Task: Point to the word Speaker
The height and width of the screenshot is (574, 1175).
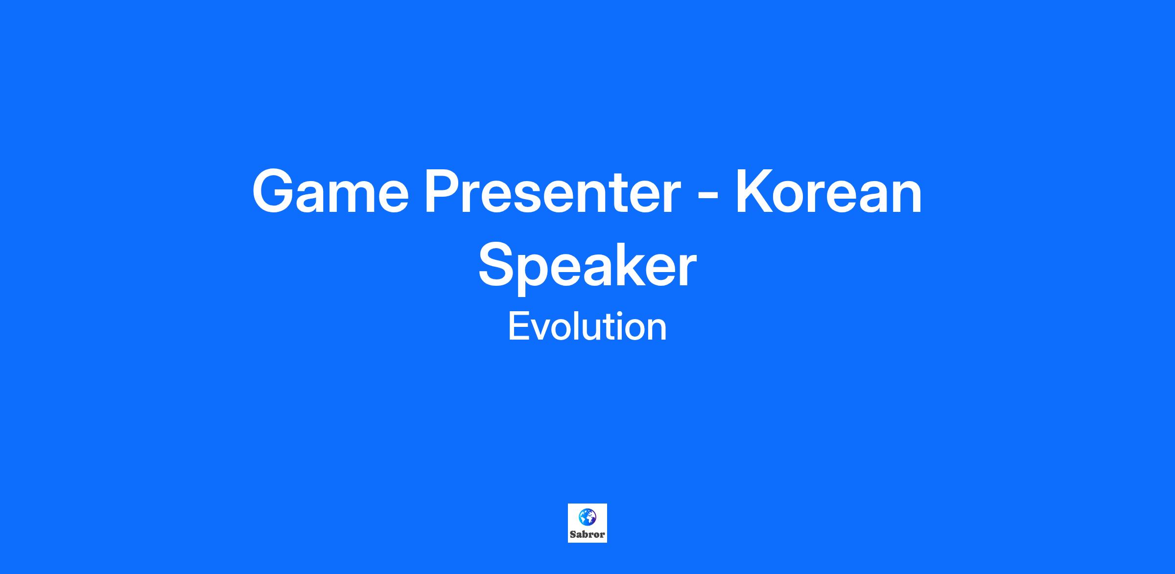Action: [587, 267]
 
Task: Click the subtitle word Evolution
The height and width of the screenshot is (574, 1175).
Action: [587, 326]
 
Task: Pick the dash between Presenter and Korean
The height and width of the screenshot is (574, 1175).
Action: [708, 197]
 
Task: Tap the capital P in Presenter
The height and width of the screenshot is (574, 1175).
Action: [443, 191]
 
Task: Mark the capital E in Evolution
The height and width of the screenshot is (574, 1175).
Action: [518, 326]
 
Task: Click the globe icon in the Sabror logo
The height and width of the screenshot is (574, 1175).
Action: [587, 516]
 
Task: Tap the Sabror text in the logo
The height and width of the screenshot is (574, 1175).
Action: [587, 534]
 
